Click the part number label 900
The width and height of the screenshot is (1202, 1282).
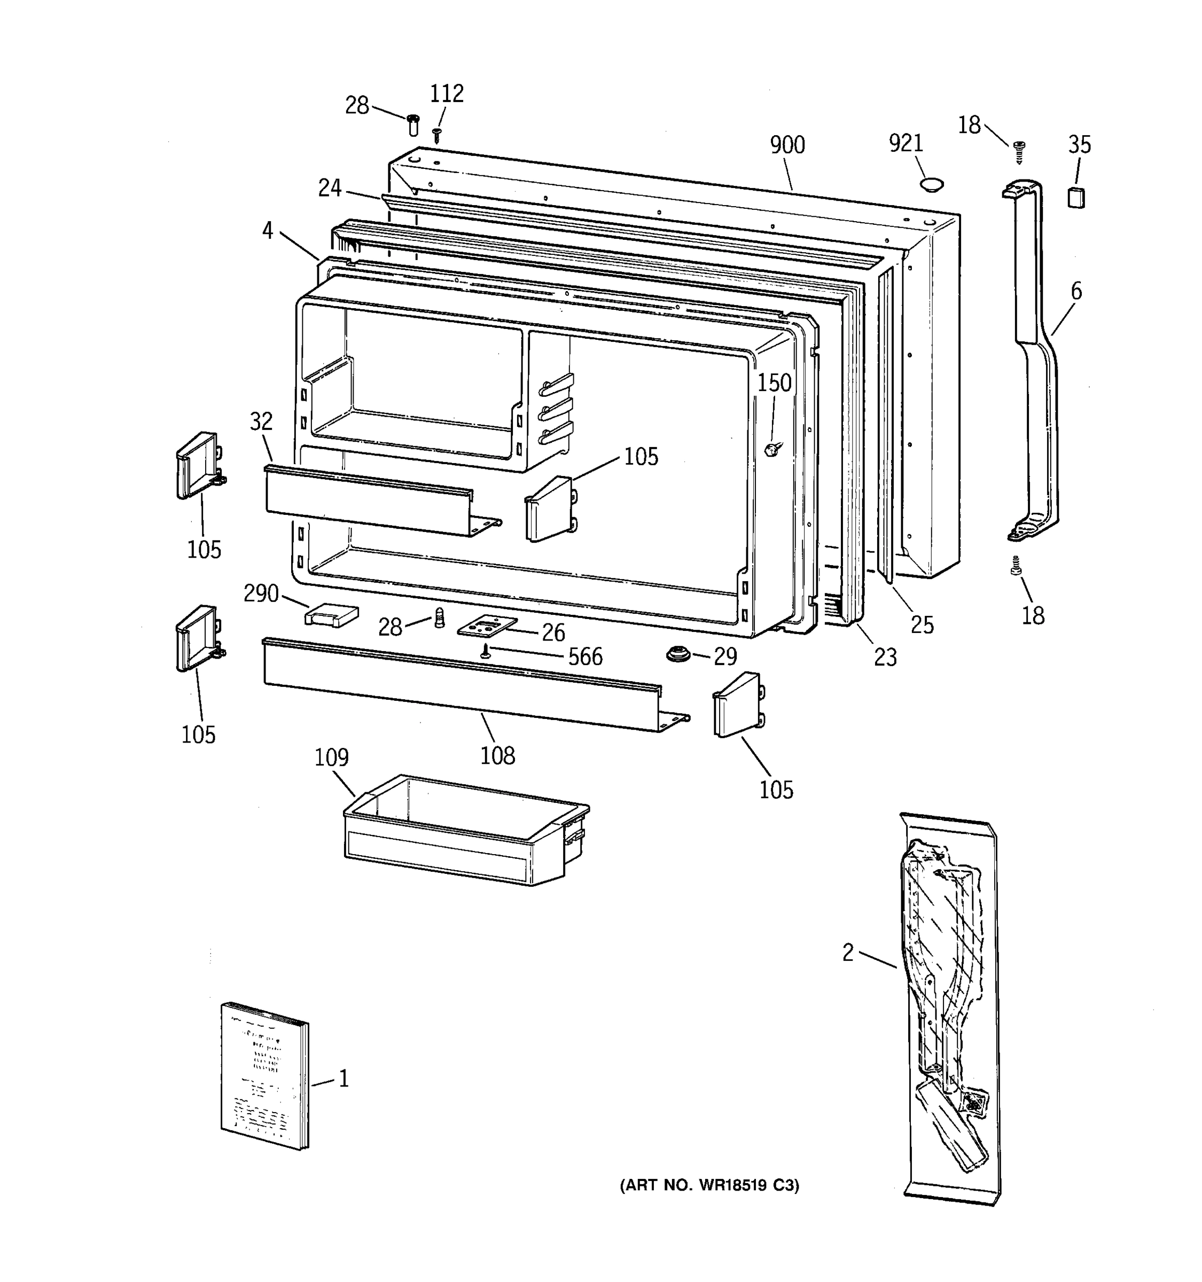tap(787, 146)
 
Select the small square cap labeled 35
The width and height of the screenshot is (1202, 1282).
tap(1075, 197)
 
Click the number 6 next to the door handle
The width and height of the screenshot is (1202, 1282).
tap(1075, 292)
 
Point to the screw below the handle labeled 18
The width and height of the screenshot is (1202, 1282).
tap(1017, 566)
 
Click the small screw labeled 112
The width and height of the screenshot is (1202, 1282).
tap(436, 134)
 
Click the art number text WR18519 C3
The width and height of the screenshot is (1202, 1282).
tap(709, 1185)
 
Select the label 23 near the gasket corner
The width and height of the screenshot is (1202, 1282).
tap(885, 657)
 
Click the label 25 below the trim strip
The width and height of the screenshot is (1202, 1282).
tap(922, 624)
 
